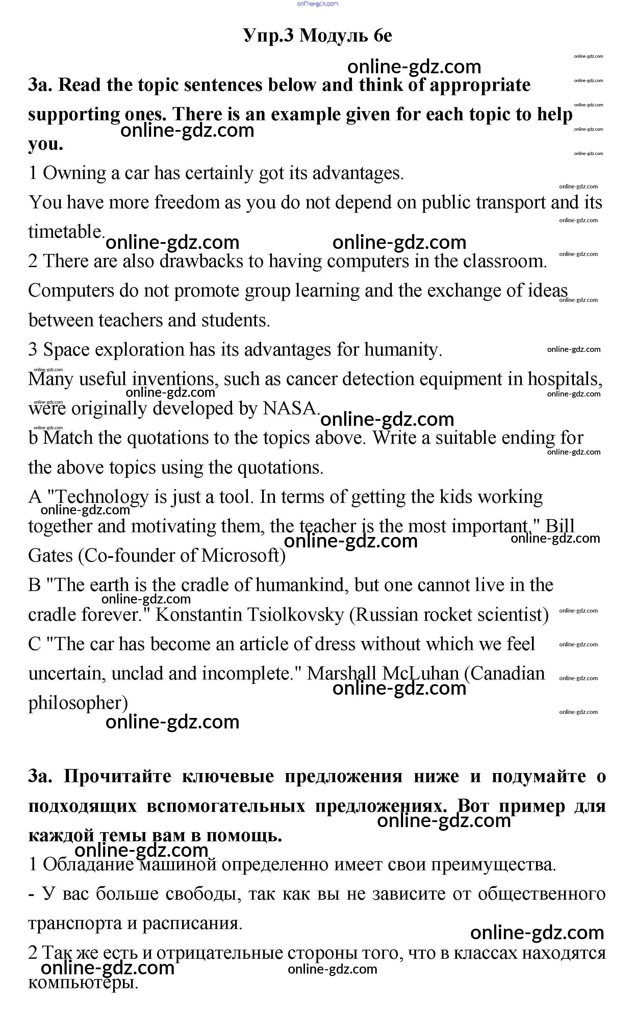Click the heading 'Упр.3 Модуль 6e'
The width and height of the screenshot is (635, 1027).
[x=317, y=36]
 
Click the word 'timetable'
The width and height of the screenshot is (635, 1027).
[x=65, y=232]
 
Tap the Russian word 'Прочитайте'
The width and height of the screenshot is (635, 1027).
[x=118, y=776]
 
